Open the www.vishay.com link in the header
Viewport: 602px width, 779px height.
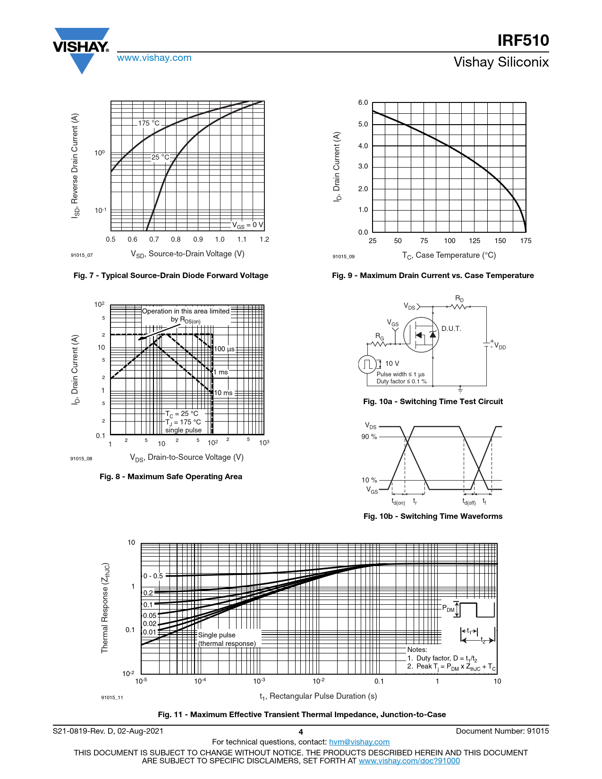coord(154,58)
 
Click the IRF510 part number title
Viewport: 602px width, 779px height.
coord(523,41)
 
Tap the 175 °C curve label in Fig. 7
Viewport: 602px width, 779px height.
coord(149,123)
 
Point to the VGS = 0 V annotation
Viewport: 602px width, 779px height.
coord(247,225)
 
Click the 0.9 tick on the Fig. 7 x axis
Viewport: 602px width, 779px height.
coord(198,239)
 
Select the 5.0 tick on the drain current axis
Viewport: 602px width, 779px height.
coord(363,124)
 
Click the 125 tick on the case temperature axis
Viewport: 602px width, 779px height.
coord(475,241)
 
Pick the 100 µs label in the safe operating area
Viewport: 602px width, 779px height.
coord(224,349)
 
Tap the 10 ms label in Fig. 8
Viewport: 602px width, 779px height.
coord(223,393)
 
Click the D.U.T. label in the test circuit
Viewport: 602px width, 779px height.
coord(451,329)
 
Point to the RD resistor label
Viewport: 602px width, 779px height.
coord(459,299)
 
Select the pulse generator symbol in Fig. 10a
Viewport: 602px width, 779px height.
coord(367,364)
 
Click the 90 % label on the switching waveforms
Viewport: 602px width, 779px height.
coord(369,437)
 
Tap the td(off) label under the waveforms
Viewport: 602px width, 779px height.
coord(469,502)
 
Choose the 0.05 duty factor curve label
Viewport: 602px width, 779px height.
coord(150,616)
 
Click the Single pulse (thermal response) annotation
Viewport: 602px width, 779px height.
coord(227,639)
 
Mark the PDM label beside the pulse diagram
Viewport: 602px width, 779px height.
coord(448,609)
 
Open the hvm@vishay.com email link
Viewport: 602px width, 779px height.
coord(359,742)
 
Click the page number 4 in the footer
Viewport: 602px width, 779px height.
coord(301,732)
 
